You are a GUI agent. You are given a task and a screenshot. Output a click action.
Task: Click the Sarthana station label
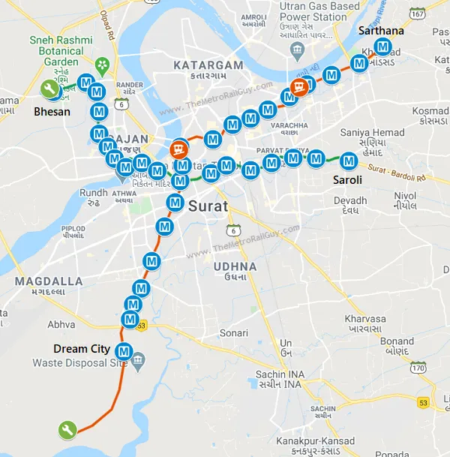click(381, 31)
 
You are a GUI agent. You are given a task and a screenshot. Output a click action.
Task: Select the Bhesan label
click(52, 112)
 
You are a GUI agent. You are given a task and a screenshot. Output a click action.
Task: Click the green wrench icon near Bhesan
click(50, 89)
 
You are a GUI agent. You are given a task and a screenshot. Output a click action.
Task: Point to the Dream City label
click(81, 349)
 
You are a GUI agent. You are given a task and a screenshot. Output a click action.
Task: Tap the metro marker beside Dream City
click(124, 350)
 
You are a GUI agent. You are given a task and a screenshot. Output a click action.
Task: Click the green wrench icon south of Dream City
click(67, 430)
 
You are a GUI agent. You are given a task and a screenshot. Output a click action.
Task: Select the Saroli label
click(347, 180)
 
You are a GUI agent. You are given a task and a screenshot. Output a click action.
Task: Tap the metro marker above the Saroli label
click(349, 161)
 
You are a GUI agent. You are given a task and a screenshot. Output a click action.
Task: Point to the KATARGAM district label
click(208, 65)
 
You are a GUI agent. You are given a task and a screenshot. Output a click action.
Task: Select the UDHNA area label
click(234, 266)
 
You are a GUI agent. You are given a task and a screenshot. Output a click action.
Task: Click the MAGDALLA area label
click(49, 281)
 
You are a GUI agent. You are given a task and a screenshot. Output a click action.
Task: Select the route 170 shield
click(418, 368)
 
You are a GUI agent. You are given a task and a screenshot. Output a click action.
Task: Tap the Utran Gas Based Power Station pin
click(297, 50)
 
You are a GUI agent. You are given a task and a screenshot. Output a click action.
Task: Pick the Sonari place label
click(233, 332)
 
